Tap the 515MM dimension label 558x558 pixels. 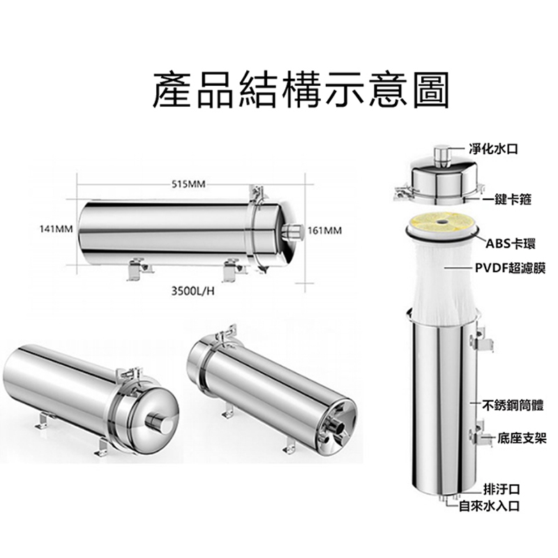[188, 184]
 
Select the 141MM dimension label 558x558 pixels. [56, 229]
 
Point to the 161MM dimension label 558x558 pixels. [324, 231]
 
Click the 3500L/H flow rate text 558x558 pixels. [193, 292]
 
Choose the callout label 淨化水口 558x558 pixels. [493, 149]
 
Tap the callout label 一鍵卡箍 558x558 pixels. [507, 199]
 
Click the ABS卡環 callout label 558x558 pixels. [511, 244]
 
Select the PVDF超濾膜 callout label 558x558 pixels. [511, 269]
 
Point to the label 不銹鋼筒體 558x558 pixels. [513, 405]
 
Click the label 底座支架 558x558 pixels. [522, 439]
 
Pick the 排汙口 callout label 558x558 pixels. [502, 490]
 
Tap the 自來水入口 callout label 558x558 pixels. [490, 506]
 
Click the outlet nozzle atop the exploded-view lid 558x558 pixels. [442, 156]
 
